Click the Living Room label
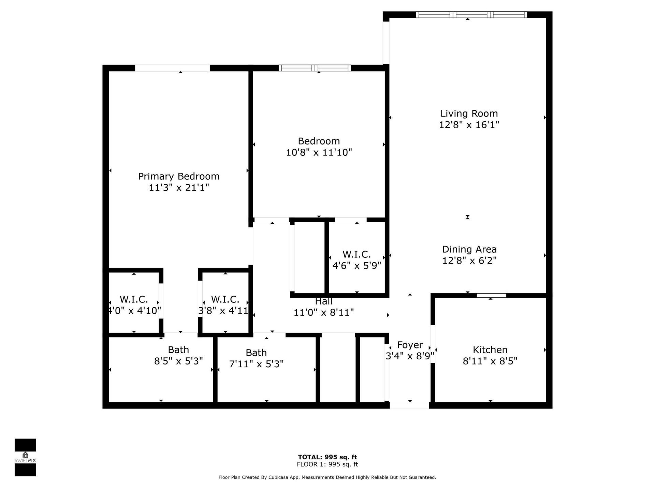coord(469,114)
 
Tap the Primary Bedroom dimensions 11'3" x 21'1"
coord(179,188)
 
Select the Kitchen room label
coord(490,350)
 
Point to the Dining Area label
coord(469,249)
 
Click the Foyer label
coord(410,345)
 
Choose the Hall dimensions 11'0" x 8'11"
coord(323,312)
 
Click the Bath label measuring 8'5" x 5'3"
coord(178,350)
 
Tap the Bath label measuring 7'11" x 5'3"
coord(256,353)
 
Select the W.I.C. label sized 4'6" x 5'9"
coord(356,254)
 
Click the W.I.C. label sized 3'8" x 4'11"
coord(225,299)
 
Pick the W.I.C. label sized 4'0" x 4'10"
coord(134,299)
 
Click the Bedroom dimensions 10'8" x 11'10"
coord(319,152)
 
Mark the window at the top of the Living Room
coord(471,15)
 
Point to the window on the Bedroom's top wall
coord(315,68)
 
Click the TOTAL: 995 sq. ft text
coord(327,457)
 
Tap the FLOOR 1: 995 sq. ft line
coord(327,464)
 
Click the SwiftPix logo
coord(25,457)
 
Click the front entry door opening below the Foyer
coord(409,405)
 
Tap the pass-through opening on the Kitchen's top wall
coord(491,295)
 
